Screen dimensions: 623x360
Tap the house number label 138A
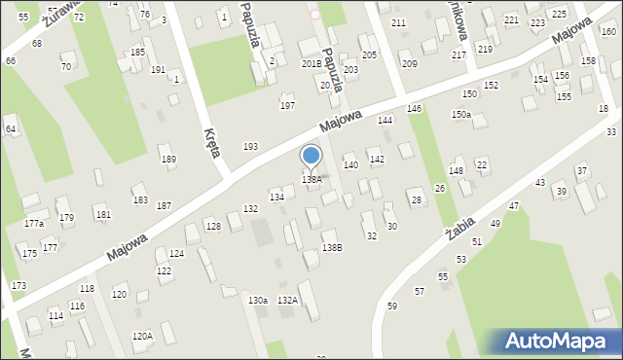click(x=311, y=179)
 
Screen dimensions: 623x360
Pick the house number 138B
click(x=332, y=248)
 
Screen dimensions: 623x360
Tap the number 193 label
click(x=250, y=146)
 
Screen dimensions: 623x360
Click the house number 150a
click(x=460, y=115)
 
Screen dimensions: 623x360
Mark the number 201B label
click(x=311, y=63)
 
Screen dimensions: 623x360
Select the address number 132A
click(x=287, y=301)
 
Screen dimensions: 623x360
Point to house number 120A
click(x=142, y=336)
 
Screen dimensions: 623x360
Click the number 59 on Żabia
click(x=392, y=306)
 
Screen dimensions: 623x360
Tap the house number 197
click(x=287, y=105)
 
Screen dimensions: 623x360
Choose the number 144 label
click(x=385, y=120)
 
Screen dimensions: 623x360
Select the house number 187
click(x=164, y=205)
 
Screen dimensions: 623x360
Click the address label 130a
click(x=258, y=301)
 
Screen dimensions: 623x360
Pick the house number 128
click(x=212, y=227)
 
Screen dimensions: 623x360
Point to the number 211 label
click(x=398, y=22)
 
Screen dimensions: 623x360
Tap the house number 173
click(x=18, y=285)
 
